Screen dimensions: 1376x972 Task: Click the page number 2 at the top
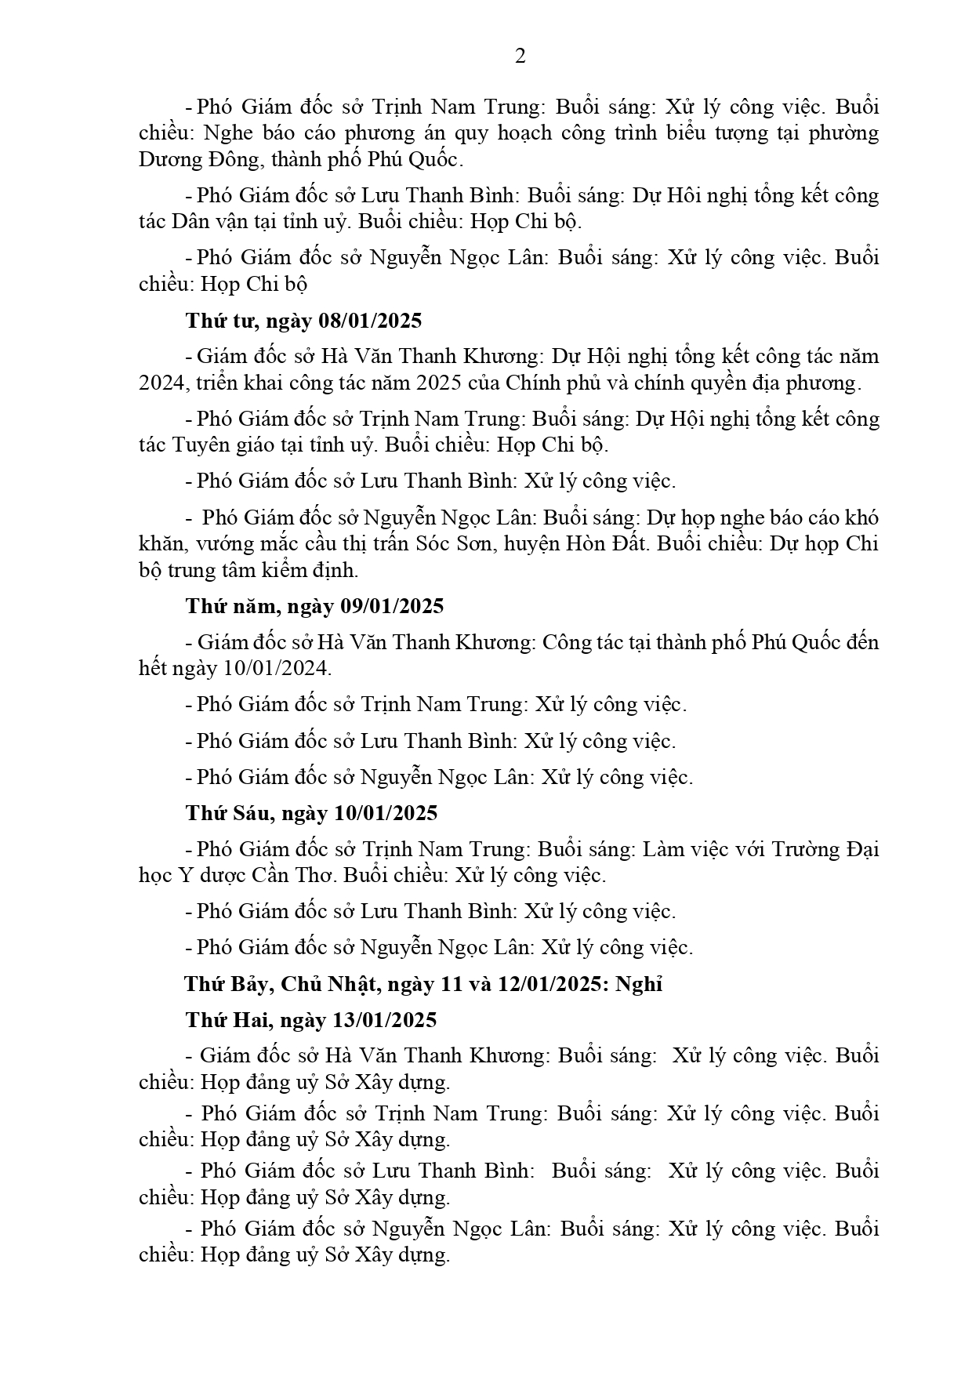520,56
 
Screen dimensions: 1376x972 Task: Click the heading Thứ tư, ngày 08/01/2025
303,321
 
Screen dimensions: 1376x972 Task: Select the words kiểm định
314,571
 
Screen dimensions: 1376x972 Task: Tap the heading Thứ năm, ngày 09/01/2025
314,606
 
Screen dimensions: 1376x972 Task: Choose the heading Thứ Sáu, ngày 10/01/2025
311,813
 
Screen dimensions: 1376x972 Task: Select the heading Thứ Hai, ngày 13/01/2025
311,1020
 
